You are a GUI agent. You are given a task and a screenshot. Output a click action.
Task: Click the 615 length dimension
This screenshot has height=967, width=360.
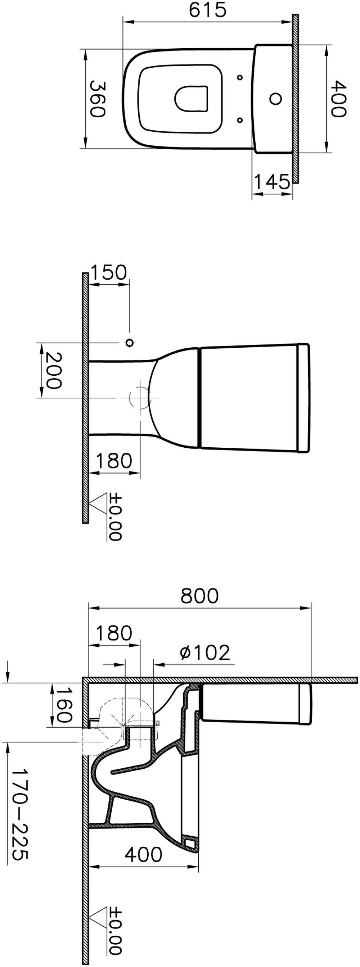[x=208, y=10]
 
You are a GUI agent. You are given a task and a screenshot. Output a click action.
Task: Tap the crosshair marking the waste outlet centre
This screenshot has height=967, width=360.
[x=140, y=397]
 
